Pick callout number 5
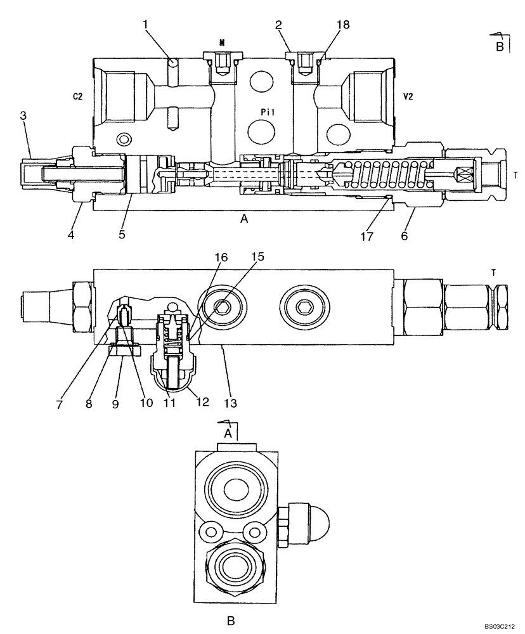pos(122,235)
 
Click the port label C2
pos(78,96)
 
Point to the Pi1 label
pos(268,110)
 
